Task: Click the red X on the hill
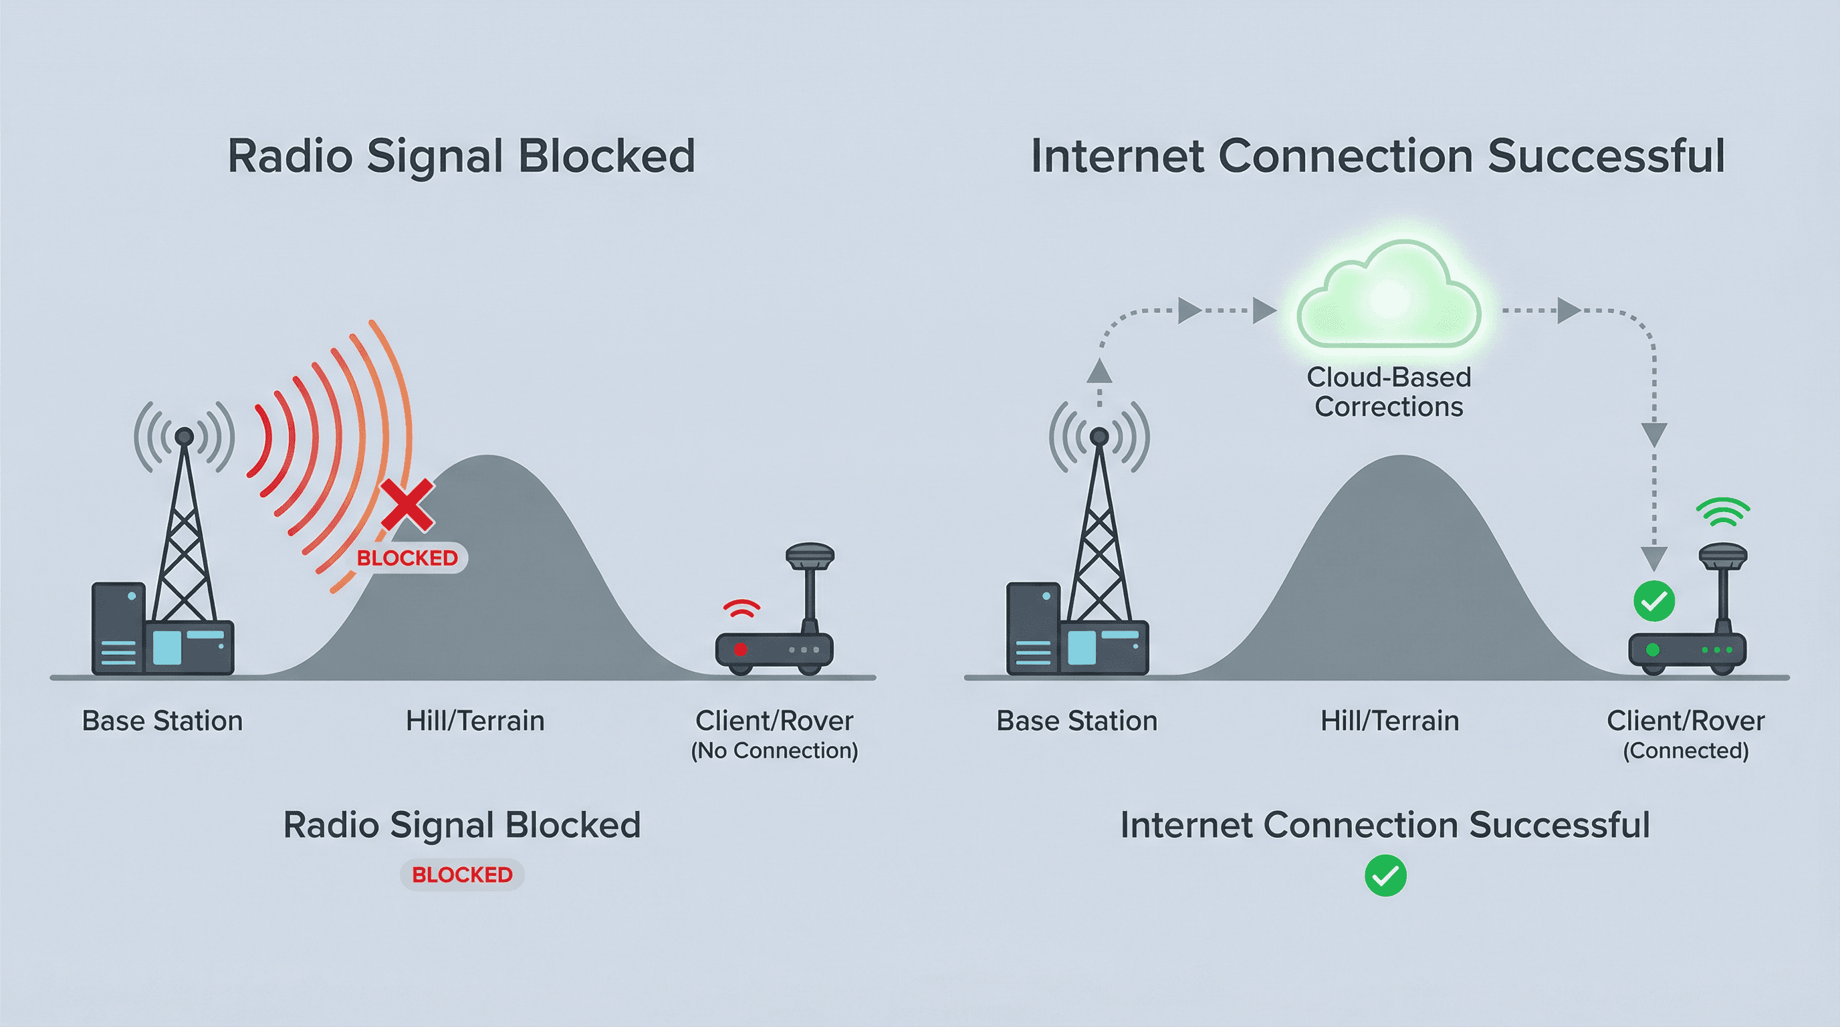point(407,505)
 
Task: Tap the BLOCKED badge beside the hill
point(407,558)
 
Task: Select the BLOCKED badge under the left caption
point(462,874)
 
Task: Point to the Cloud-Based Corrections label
point(1389,392)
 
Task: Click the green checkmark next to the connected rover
point(1653,602)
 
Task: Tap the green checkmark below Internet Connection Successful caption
point(1385,876)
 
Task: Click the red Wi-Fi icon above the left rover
point(741,608)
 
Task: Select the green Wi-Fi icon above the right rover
point(1723,512)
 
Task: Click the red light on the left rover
point(741,649)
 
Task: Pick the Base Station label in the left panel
point(162,721)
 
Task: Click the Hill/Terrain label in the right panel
point(1389,721)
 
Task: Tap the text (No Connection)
point(774,751)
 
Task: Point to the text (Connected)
point(1686,751)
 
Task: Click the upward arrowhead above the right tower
point(1099,371)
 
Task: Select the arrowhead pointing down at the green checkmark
point(1653,558)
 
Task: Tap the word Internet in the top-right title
point(1117,156)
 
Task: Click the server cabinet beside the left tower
point(118,628)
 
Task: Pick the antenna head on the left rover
point(810,554)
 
